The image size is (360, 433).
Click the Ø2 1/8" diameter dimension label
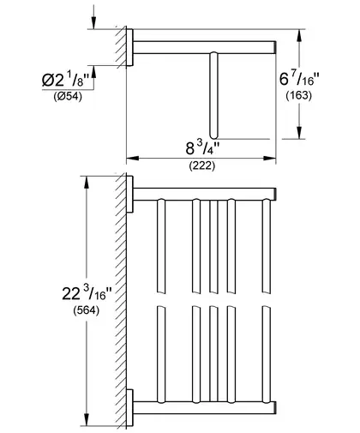coord(68,80)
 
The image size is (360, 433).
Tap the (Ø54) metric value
coord(68,97)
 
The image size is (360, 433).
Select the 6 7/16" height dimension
coord(299,79)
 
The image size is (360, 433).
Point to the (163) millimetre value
coord(299,95)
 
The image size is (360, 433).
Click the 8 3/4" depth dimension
coord(202,148)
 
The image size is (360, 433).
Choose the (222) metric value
coord(202,165)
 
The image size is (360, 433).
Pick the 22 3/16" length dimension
coord(87,293)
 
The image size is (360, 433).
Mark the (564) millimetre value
coord(87,310)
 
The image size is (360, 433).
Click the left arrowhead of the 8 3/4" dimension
coord(133,158)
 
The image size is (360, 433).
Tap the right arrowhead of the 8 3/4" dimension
coord(269,158)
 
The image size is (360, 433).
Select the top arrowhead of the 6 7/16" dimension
coord(299,35)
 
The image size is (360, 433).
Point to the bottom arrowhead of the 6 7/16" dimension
coord(299,133)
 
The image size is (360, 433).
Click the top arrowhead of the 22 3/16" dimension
coord(87,183)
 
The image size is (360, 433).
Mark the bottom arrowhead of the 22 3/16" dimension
coord(87,419)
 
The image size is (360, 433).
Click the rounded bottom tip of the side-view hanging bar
coord(213,136)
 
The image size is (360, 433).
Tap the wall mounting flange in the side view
coord(129,47)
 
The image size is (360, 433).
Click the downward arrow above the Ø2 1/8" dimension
coord(93,20)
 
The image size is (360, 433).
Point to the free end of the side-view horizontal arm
coord(275,47)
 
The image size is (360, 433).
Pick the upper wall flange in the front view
coord(129,195)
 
